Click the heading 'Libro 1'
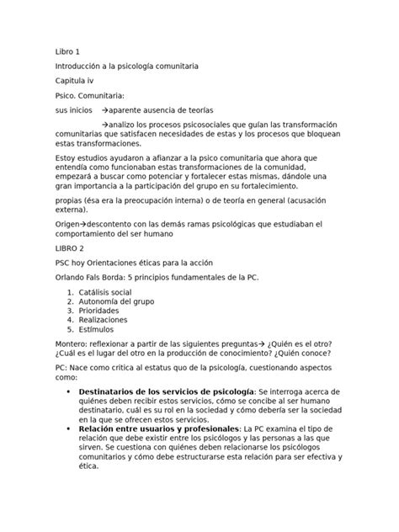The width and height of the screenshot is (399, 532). pyautogui.click(x=67, y=51)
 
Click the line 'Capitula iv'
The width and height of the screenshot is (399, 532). pyautogui.click(x=75, y=81)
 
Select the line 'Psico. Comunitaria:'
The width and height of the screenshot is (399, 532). pyautogui.click(x=88, y=96)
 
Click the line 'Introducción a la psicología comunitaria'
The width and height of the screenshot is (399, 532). pyautogui.click(x=126, y=66)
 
